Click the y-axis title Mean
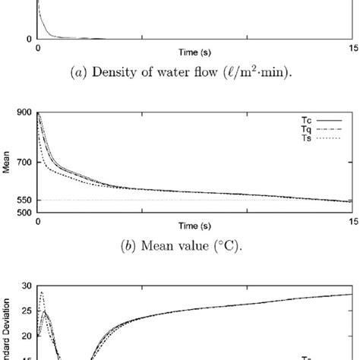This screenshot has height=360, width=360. point(6,163)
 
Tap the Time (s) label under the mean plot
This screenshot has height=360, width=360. point(195,226)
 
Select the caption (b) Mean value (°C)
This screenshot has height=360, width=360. point(195,245)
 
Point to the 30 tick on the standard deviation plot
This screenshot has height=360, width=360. point(27,286)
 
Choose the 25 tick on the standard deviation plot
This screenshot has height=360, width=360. point(27,311)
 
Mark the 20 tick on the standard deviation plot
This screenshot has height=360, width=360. point(27,335)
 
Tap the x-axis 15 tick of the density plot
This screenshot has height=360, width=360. point(351,49)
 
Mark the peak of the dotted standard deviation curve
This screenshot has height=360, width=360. point(42,292)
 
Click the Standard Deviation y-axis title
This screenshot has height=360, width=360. point(6,327)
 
